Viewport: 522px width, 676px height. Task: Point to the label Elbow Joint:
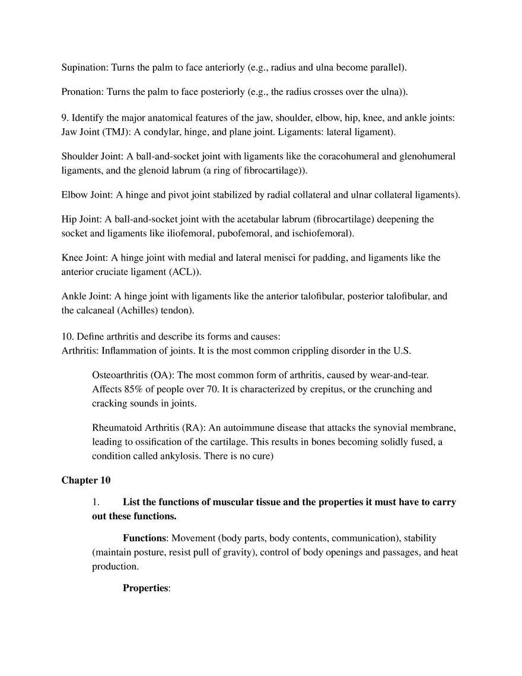tap(87, 195)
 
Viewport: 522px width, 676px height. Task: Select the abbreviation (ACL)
tap(184, 272)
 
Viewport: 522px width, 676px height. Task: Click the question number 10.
tap(67, 337)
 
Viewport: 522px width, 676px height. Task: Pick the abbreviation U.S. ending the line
tap(402, 351)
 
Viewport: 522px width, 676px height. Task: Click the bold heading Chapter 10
tap(85, 480)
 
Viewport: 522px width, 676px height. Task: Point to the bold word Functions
tap(144, 538)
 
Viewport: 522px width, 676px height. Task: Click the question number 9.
tap(65, 118)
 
